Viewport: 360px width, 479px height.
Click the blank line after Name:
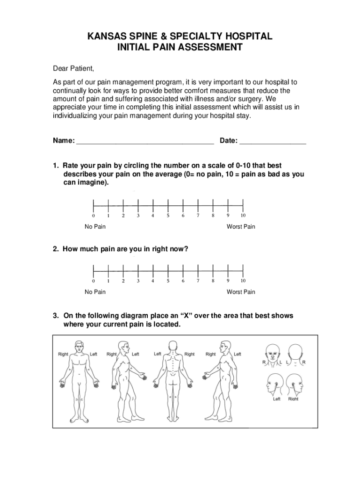coord(145,141)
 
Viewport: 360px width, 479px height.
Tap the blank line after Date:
coord(273,141)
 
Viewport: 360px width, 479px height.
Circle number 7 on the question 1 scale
coord(198,216)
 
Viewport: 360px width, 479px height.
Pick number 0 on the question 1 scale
coord(94,216)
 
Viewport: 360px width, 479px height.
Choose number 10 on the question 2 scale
coord(243,281)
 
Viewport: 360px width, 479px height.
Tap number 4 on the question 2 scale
coord(152,281)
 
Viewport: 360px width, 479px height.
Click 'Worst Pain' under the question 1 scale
coord(241,227)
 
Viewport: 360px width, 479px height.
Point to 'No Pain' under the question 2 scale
coord(95,292)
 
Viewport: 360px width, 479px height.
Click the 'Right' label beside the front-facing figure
coord(63,354)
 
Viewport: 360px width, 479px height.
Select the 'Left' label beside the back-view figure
coord(158,354)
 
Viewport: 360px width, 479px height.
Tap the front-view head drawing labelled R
coord(272,352)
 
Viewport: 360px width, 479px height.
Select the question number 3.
coord(55,316)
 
